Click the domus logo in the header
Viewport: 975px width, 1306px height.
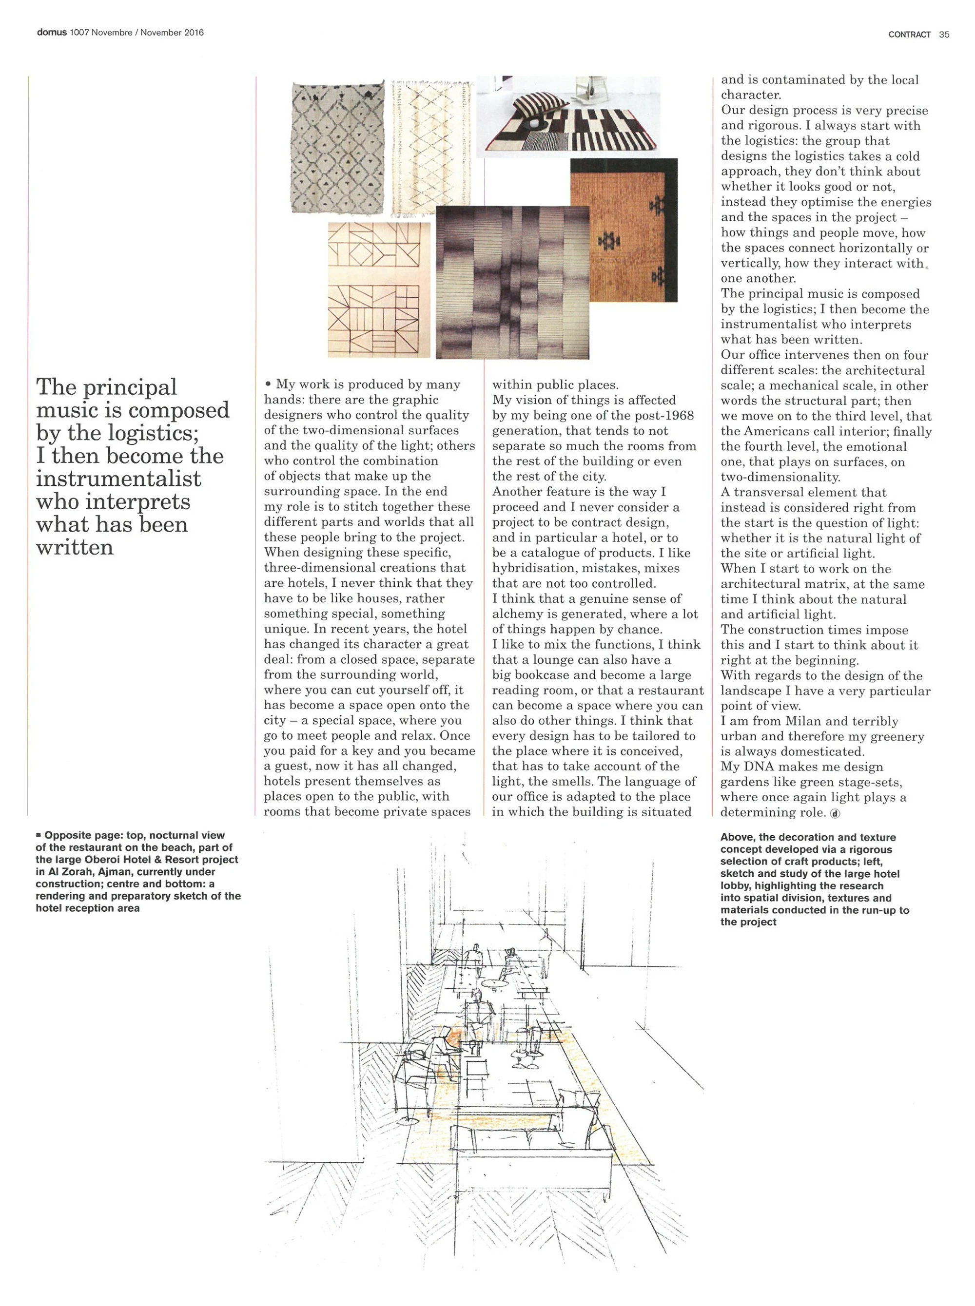(x=52, y=33)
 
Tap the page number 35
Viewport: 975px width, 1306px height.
(x=944, y=35)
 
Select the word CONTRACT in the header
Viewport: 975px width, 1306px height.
(x=910, y=35)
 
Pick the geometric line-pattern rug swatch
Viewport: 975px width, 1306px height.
(x=378, y=289)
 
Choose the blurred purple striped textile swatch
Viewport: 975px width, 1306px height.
(x=512, y=282)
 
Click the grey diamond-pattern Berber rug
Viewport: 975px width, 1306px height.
(x=337, y=148)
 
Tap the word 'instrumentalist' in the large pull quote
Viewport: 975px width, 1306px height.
(x=118, y=479)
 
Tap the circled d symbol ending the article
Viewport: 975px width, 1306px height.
(x=835, y=813)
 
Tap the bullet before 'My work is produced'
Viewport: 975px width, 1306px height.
(x=268, y=384)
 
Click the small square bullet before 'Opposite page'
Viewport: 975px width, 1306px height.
(x=39, y=835)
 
